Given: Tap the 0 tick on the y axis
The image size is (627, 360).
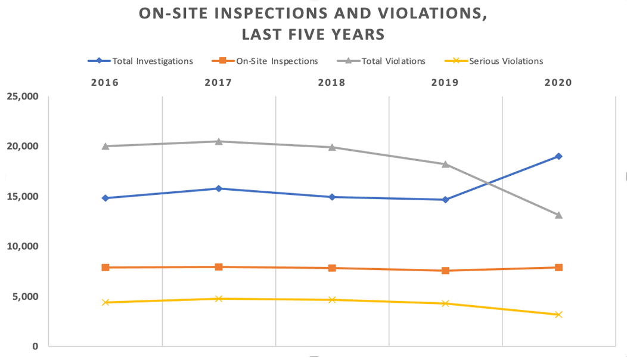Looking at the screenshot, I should (x=36, y=346).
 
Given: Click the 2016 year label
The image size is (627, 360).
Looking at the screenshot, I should (x=105, y=83).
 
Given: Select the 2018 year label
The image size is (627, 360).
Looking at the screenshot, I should (x=331, y=83).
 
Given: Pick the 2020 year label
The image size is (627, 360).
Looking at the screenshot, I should (x=558, y=83).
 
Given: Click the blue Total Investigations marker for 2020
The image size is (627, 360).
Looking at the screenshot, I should (x=558, y=156).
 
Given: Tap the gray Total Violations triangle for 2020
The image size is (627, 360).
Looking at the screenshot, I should (x=558, y=215).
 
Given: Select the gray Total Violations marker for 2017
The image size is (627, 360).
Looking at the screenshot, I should (x=219, y=141).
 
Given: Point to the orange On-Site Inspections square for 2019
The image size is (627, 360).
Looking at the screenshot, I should (x=445, y=271).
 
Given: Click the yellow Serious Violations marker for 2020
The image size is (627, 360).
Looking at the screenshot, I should (x=558, y=315).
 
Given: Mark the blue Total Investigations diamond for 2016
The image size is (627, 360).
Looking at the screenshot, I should (x=105, y=198).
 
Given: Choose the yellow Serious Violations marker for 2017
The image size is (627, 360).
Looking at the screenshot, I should (x=219, y=299).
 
